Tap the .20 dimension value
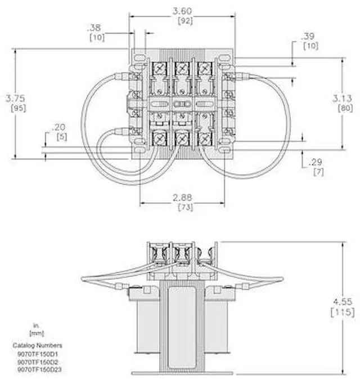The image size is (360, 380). pyautogui.click(x=58, y=128)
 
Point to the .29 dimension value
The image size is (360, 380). pyautogui.click(x=316, y=162)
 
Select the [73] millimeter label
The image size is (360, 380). pyautogui.click(x=182, y=208)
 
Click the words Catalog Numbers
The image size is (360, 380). pyautogui.click(x=37, y=345)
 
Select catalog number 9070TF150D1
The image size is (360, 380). pyautogui.click(x=37, y=354)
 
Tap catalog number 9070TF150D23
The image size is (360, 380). pyautogui.click(x=38, y=369)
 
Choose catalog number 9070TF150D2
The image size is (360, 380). pyautogui.click(x=37, y=361)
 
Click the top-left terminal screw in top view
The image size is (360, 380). pyautogui.click(x=158, y=69)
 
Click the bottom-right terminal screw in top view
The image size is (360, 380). pyautogui.click(x=204, y=137)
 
